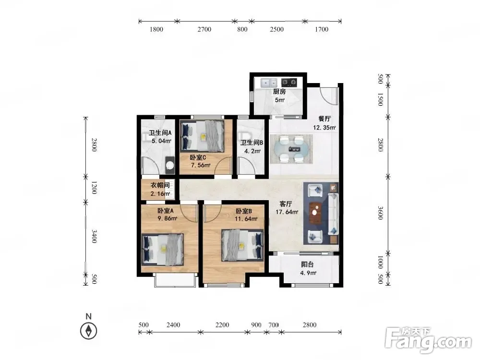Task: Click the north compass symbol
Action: (x=88, y=331)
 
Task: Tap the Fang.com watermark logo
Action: (x=428, y=340)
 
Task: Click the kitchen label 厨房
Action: (x=279, y=92)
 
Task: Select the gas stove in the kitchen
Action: (x=289, y=82)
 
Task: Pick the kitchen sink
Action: (x=269, y=83)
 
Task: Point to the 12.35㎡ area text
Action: (x=324, y=128)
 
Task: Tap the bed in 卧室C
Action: (x=203, y=136)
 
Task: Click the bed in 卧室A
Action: (x=163, y=250)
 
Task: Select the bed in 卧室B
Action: (x=242, y=245)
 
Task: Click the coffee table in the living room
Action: (x=315, y=213)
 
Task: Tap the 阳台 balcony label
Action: (x=307, y=264)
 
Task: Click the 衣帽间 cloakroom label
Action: (x=160, y=185)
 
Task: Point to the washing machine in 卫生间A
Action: (x=170, y=165)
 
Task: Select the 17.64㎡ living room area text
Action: (x=287, y=212)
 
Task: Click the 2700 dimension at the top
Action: (x=204, y=29)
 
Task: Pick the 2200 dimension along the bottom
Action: (x=222, y=325)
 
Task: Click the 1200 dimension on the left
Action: (x=94, y=188)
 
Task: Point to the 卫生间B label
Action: (x=252, y=143)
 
